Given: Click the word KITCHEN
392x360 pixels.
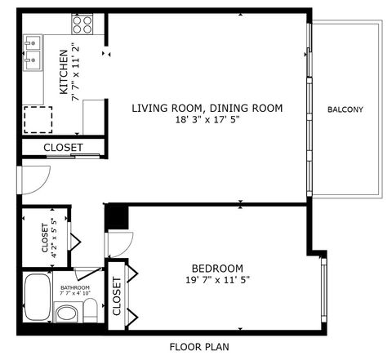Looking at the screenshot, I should point(63,71).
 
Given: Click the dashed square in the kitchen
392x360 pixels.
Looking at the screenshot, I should point(36,120).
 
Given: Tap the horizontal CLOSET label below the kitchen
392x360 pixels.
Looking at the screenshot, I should point(63,148).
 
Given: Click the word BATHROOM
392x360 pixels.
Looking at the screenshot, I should point(73,288).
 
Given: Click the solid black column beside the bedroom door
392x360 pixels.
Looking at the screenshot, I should point(117,218).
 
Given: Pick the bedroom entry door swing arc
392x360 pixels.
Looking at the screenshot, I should point(120,242).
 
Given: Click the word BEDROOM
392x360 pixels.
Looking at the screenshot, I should point(217,269).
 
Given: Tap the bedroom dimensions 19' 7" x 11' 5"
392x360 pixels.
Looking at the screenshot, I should point(217,280).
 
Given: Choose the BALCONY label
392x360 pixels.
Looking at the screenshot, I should point(345,109).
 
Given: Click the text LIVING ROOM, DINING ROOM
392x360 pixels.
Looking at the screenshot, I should point(207,108).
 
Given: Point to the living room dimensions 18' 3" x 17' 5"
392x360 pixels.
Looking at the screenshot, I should point(207,120).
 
